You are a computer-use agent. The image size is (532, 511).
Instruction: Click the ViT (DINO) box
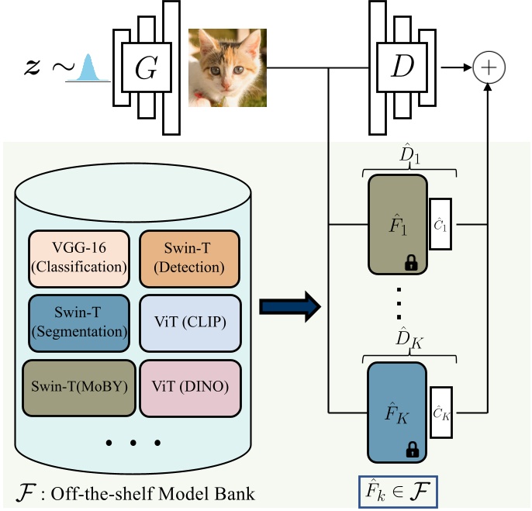(189, 385)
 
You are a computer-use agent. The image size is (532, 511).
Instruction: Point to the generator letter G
(146, 68)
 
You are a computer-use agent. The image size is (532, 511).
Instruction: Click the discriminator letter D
(402, 68)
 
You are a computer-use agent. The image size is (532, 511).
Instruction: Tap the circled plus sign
(489, 68)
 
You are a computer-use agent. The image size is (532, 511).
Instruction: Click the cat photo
(228, 67)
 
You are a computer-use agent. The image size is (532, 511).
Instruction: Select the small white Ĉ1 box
(440, 225)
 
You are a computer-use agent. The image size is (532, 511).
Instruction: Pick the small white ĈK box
(440, 412)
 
